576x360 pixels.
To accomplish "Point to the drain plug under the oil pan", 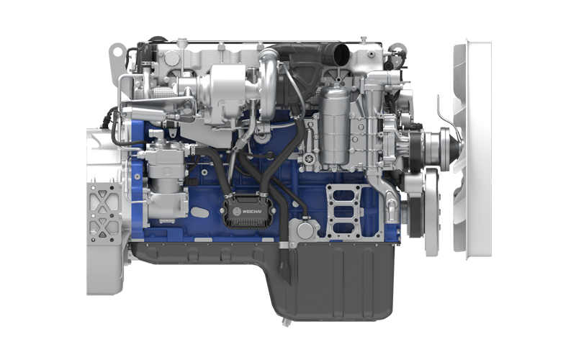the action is pos(285,322).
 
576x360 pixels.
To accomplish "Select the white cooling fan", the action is pos(472,149).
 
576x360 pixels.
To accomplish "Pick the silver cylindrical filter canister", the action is pos(333,125).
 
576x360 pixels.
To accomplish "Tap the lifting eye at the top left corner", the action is pos(117,51).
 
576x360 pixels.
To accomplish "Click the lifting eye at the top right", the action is pos(397,49).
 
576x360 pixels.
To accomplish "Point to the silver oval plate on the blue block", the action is pos(199,212).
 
